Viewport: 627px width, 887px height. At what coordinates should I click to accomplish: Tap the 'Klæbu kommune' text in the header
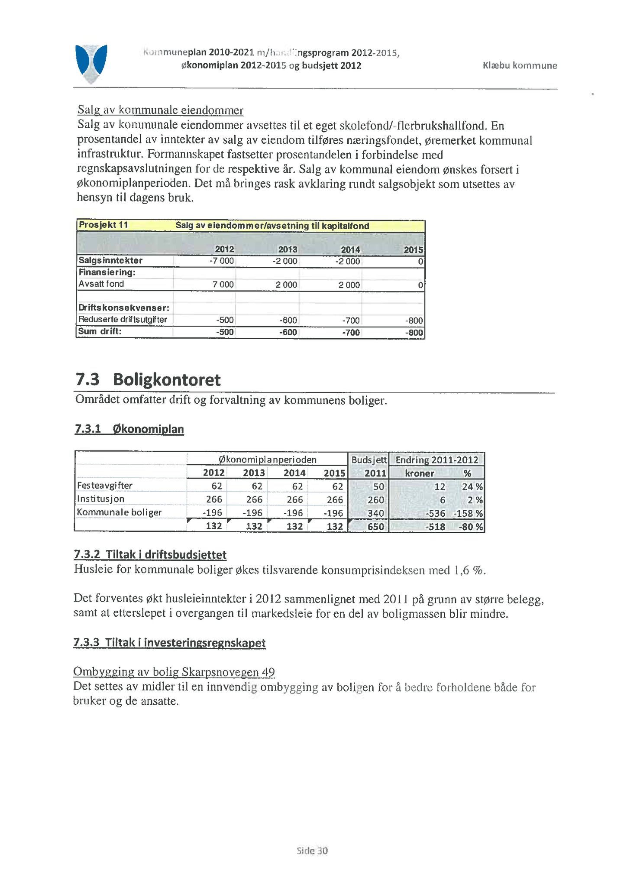(x=520, y=65)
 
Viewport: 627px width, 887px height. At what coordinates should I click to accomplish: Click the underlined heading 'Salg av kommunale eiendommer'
(x=160, y=110)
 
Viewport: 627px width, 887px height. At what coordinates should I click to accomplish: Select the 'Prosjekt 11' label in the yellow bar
(x=103, y=225)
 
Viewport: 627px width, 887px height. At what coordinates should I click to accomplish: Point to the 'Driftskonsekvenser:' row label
(x=124, y=308)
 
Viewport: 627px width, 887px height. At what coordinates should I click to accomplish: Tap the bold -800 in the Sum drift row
(x=414, y=333)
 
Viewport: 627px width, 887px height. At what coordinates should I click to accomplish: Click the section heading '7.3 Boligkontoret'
(x=148, y=379)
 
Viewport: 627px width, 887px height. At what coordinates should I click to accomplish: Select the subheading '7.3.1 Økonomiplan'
(x=129, y=429)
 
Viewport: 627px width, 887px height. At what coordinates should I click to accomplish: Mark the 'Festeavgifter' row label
(x=105, y=486)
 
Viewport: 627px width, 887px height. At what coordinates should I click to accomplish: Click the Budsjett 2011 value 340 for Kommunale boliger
(x=375, y=513)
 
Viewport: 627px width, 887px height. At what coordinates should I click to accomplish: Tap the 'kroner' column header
(x=419, y=473)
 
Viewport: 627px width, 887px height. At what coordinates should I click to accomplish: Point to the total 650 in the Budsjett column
(x=375, y=527)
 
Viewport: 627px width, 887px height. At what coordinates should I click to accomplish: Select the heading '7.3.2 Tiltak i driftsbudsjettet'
(x=150, y=555)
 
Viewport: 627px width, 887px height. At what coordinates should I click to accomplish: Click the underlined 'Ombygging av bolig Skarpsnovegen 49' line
(x=174, y=672)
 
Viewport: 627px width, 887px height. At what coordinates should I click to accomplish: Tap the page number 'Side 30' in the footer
(x=312, y=851)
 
